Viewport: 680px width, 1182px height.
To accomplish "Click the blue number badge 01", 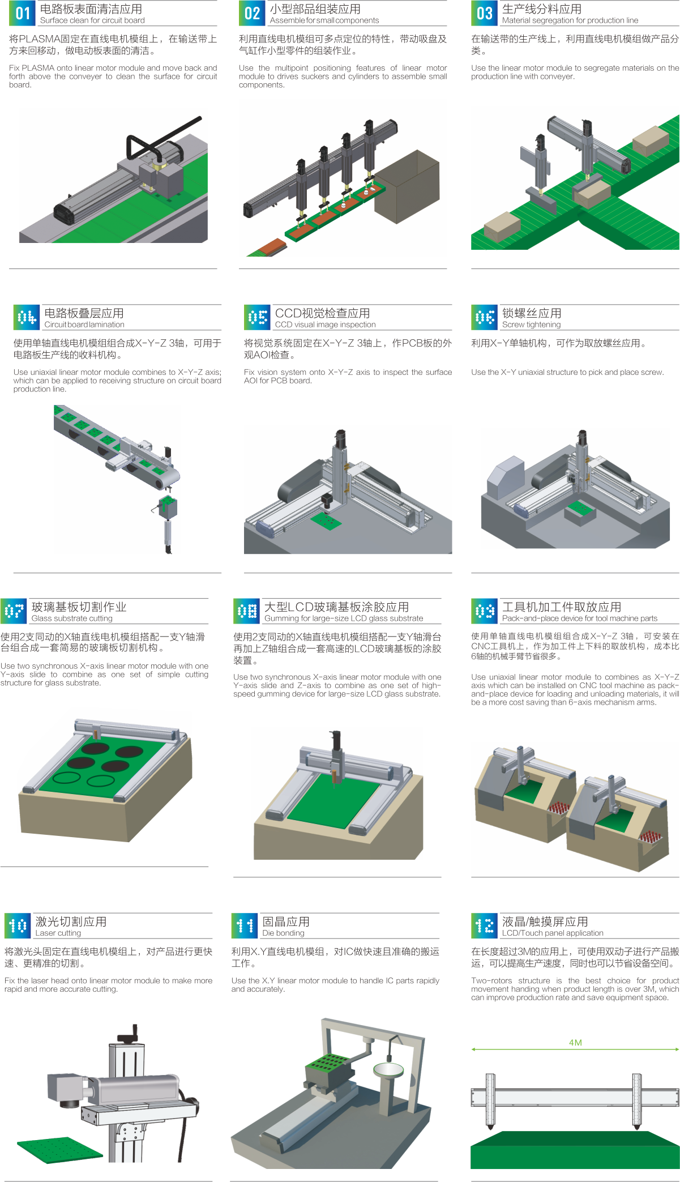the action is pos(23,13).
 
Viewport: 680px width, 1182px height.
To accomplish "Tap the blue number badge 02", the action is pos(252,13).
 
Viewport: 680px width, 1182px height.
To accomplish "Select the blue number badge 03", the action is pos(484,13).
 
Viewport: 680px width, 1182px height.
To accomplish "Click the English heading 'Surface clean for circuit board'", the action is pos(92,20).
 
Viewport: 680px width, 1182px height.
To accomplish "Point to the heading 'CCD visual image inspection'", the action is pos(325,325).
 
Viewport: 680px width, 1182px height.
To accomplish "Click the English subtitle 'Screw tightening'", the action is pos(531,325).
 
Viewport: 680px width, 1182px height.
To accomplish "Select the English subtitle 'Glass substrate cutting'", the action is pos(72,618).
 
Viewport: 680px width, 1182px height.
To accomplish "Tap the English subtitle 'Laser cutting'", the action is pos(58,933).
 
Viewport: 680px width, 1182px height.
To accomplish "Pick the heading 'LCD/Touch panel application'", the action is pos(553,933).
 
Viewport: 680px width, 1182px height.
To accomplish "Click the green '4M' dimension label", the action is pos(575,1042).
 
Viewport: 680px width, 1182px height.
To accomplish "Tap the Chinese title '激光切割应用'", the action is pos(71,921).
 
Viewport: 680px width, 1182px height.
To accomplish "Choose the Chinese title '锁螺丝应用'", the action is pos(532,313).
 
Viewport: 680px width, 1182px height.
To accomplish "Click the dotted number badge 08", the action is pos(247,611).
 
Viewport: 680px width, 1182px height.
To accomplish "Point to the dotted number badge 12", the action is pos(484,925).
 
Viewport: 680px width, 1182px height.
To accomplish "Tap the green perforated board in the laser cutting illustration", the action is pos(60,1151).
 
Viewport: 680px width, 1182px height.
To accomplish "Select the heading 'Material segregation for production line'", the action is pos(570,20).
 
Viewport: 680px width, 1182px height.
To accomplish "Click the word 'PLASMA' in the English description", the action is pos(38,68).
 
